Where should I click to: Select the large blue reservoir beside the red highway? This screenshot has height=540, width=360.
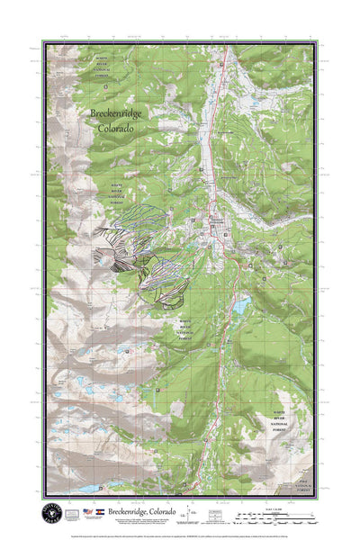click(241, 307)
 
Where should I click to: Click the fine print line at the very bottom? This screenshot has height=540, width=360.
click(180, 531)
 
